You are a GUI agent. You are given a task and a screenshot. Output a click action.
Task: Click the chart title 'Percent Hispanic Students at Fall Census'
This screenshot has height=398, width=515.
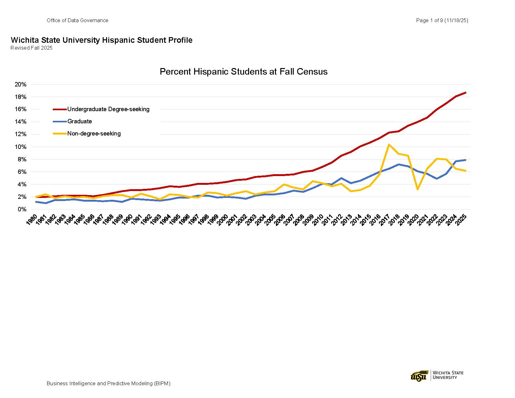(x=243, y=72)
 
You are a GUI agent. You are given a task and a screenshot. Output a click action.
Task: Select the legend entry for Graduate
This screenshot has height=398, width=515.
(x=80, y=121)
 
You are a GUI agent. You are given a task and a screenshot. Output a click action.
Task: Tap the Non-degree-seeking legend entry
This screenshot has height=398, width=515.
(x=94, y=134)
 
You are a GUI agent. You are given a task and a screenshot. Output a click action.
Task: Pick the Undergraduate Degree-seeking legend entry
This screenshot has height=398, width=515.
(x=108, y=109)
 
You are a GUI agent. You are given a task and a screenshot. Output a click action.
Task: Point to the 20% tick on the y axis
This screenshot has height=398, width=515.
(x=21, y=85)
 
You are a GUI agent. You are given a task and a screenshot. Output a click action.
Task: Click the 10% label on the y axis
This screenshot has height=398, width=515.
(x=21, y=147)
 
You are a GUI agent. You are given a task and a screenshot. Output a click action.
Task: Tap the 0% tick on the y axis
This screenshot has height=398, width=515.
(x=22, y=209)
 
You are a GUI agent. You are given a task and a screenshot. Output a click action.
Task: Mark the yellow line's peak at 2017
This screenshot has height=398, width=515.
(x=389, y=145)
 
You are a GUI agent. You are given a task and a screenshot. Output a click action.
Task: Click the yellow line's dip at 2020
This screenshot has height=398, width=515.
(x=418, y=189)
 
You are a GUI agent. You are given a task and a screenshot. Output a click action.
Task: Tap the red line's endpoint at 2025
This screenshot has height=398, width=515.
(x=465, y=93)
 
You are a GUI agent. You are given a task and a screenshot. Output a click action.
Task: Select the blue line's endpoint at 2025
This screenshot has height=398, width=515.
(x=465, y=160)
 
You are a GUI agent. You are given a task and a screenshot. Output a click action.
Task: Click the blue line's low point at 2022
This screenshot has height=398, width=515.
(x=437, y=179)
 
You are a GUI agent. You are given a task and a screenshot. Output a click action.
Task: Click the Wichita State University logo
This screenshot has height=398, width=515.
(x=437, y=375)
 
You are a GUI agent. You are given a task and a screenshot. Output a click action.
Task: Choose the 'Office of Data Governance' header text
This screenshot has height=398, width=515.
(x=77, y=21)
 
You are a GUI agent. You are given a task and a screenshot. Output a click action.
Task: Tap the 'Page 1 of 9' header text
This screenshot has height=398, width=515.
(x=442, y=21)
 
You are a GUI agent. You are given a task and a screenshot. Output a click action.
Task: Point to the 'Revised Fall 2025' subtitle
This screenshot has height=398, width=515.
(x=32, y=48)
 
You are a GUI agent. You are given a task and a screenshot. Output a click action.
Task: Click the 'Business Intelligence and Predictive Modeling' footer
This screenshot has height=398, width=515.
(x=108, y=383)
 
